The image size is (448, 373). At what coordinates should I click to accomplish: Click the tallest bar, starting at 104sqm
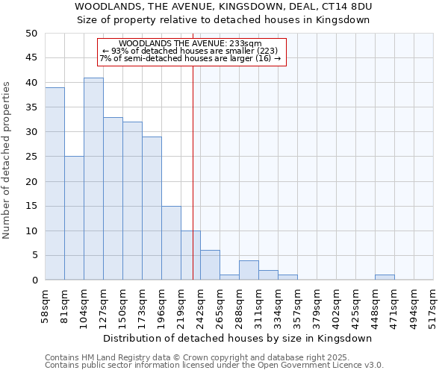[93, 179]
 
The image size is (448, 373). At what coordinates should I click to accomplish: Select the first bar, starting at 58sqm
[55, 184]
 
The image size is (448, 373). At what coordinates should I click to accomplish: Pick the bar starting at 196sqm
[171, 242]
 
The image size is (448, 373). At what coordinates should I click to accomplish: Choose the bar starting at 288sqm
[249, 270]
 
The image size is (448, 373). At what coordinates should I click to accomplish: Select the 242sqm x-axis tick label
[199, 305]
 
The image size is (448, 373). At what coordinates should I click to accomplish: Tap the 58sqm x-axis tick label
[44, 305]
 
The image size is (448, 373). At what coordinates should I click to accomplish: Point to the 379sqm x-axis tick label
[296, 305]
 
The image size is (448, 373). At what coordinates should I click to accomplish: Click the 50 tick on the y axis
[31, 34]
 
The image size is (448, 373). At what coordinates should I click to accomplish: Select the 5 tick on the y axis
[34, 256]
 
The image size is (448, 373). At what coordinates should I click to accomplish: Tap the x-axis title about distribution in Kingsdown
[238, 338]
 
